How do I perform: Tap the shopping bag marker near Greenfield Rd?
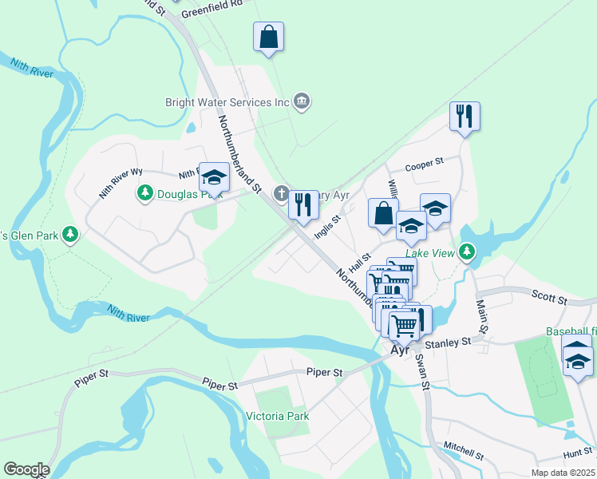point(269,37)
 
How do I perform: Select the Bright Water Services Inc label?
point(227,102)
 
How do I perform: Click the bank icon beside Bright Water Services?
point(302,101)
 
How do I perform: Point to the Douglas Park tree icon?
point(144,192)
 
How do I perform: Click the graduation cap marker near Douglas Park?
point(214,176)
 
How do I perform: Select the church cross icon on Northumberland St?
point(281,193)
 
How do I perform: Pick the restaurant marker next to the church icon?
point(303,204)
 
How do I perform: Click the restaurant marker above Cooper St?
point(464,117)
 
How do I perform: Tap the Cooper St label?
point(424,164)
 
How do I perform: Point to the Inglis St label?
point(327,225)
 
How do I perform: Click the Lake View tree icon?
point(467,253)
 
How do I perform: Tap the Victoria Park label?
point(277,416)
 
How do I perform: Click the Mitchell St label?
point(465,450)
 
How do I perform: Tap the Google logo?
point(26,469)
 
